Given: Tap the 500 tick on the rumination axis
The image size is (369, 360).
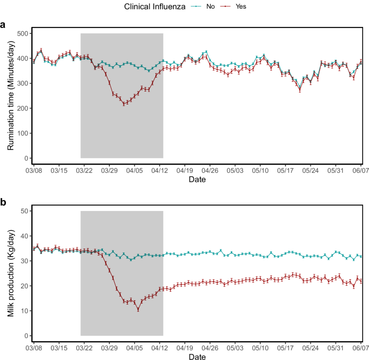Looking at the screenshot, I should [x=22, y=33].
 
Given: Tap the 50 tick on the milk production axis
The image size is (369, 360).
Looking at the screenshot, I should [x=23, y=211].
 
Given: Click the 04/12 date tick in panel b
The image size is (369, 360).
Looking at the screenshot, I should [x=159, y=349].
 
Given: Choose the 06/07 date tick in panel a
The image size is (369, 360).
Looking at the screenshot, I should [x=361, y=171].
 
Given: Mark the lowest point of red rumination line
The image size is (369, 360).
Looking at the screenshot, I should [x=124, y=104].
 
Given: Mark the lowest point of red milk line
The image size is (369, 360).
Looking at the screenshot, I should [x=138, y=309].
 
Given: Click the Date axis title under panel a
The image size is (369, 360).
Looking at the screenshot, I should [x=197, y=180].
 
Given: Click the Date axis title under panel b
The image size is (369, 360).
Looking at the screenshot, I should [x=197, y=356].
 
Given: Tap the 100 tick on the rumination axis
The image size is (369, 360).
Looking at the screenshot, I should [x=22, y=133].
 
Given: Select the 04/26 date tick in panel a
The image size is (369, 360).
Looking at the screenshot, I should [x=210, y=171].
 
